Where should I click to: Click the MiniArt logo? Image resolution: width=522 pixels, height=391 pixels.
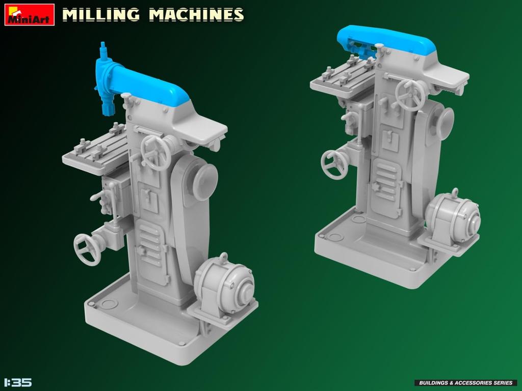30,14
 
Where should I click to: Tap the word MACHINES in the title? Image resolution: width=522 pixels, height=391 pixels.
196,15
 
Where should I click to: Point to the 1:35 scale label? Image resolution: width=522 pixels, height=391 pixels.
18,382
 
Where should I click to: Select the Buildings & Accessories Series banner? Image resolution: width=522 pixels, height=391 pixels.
465,382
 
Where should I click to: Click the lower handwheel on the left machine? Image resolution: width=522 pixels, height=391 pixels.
87,249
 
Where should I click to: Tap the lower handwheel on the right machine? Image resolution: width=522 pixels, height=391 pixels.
334,164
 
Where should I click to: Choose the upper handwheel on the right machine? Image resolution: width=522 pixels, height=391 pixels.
411,95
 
